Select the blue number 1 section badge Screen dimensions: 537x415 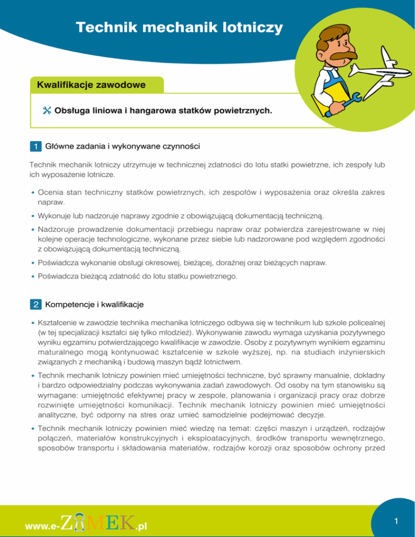(35, 146)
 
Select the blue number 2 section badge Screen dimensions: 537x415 (35, 305)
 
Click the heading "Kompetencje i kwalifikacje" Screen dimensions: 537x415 (94, 305)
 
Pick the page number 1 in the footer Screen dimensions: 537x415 (397, 521)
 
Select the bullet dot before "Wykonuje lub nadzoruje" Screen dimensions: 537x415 (33, 216)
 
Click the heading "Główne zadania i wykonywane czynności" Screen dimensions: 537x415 (123, 146)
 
